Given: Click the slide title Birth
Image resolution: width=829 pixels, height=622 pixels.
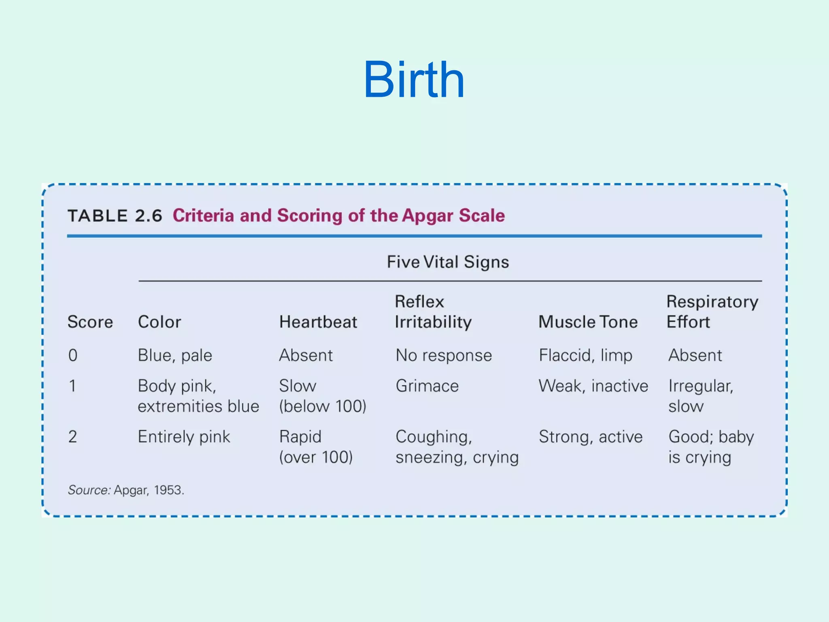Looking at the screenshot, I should (414, 79).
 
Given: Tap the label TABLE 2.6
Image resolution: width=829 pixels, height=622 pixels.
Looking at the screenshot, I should (115, 216).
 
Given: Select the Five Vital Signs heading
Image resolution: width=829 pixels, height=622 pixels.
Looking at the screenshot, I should (448, 262).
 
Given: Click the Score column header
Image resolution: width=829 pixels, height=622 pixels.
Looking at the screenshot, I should (90, 322).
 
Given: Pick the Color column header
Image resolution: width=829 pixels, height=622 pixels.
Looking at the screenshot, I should (159, 322).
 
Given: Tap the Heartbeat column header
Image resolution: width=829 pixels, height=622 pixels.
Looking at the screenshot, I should (318, 322).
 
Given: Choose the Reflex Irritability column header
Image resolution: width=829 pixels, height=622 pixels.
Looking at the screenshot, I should (433, 312).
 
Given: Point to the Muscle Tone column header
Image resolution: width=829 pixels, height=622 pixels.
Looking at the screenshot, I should (588, 322).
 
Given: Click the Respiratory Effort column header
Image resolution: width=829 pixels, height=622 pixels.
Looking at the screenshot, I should (712, 312).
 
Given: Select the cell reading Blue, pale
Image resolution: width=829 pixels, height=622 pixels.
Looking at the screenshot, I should (175, 356).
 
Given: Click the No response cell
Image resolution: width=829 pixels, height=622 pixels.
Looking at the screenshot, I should (444, 356).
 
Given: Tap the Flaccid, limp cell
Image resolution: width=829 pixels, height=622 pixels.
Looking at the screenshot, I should (585, 356).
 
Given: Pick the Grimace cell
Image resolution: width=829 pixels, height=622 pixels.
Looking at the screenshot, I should (427, 386).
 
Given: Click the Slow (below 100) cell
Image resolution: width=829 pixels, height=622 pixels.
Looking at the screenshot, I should (322, 396).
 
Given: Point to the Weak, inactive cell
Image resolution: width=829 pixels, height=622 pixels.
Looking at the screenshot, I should (593, 386).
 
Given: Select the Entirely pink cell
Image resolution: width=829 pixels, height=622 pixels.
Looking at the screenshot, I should (184, 437).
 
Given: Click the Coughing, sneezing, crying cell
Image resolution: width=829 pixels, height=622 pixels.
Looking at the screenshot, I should (457, 447).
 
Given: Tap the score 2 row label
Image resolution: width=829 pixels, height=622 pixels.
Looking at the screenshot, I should (72, 437).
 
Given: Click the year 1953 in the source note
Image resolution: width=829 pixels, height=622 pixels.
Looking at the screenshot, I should (168, 490).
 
